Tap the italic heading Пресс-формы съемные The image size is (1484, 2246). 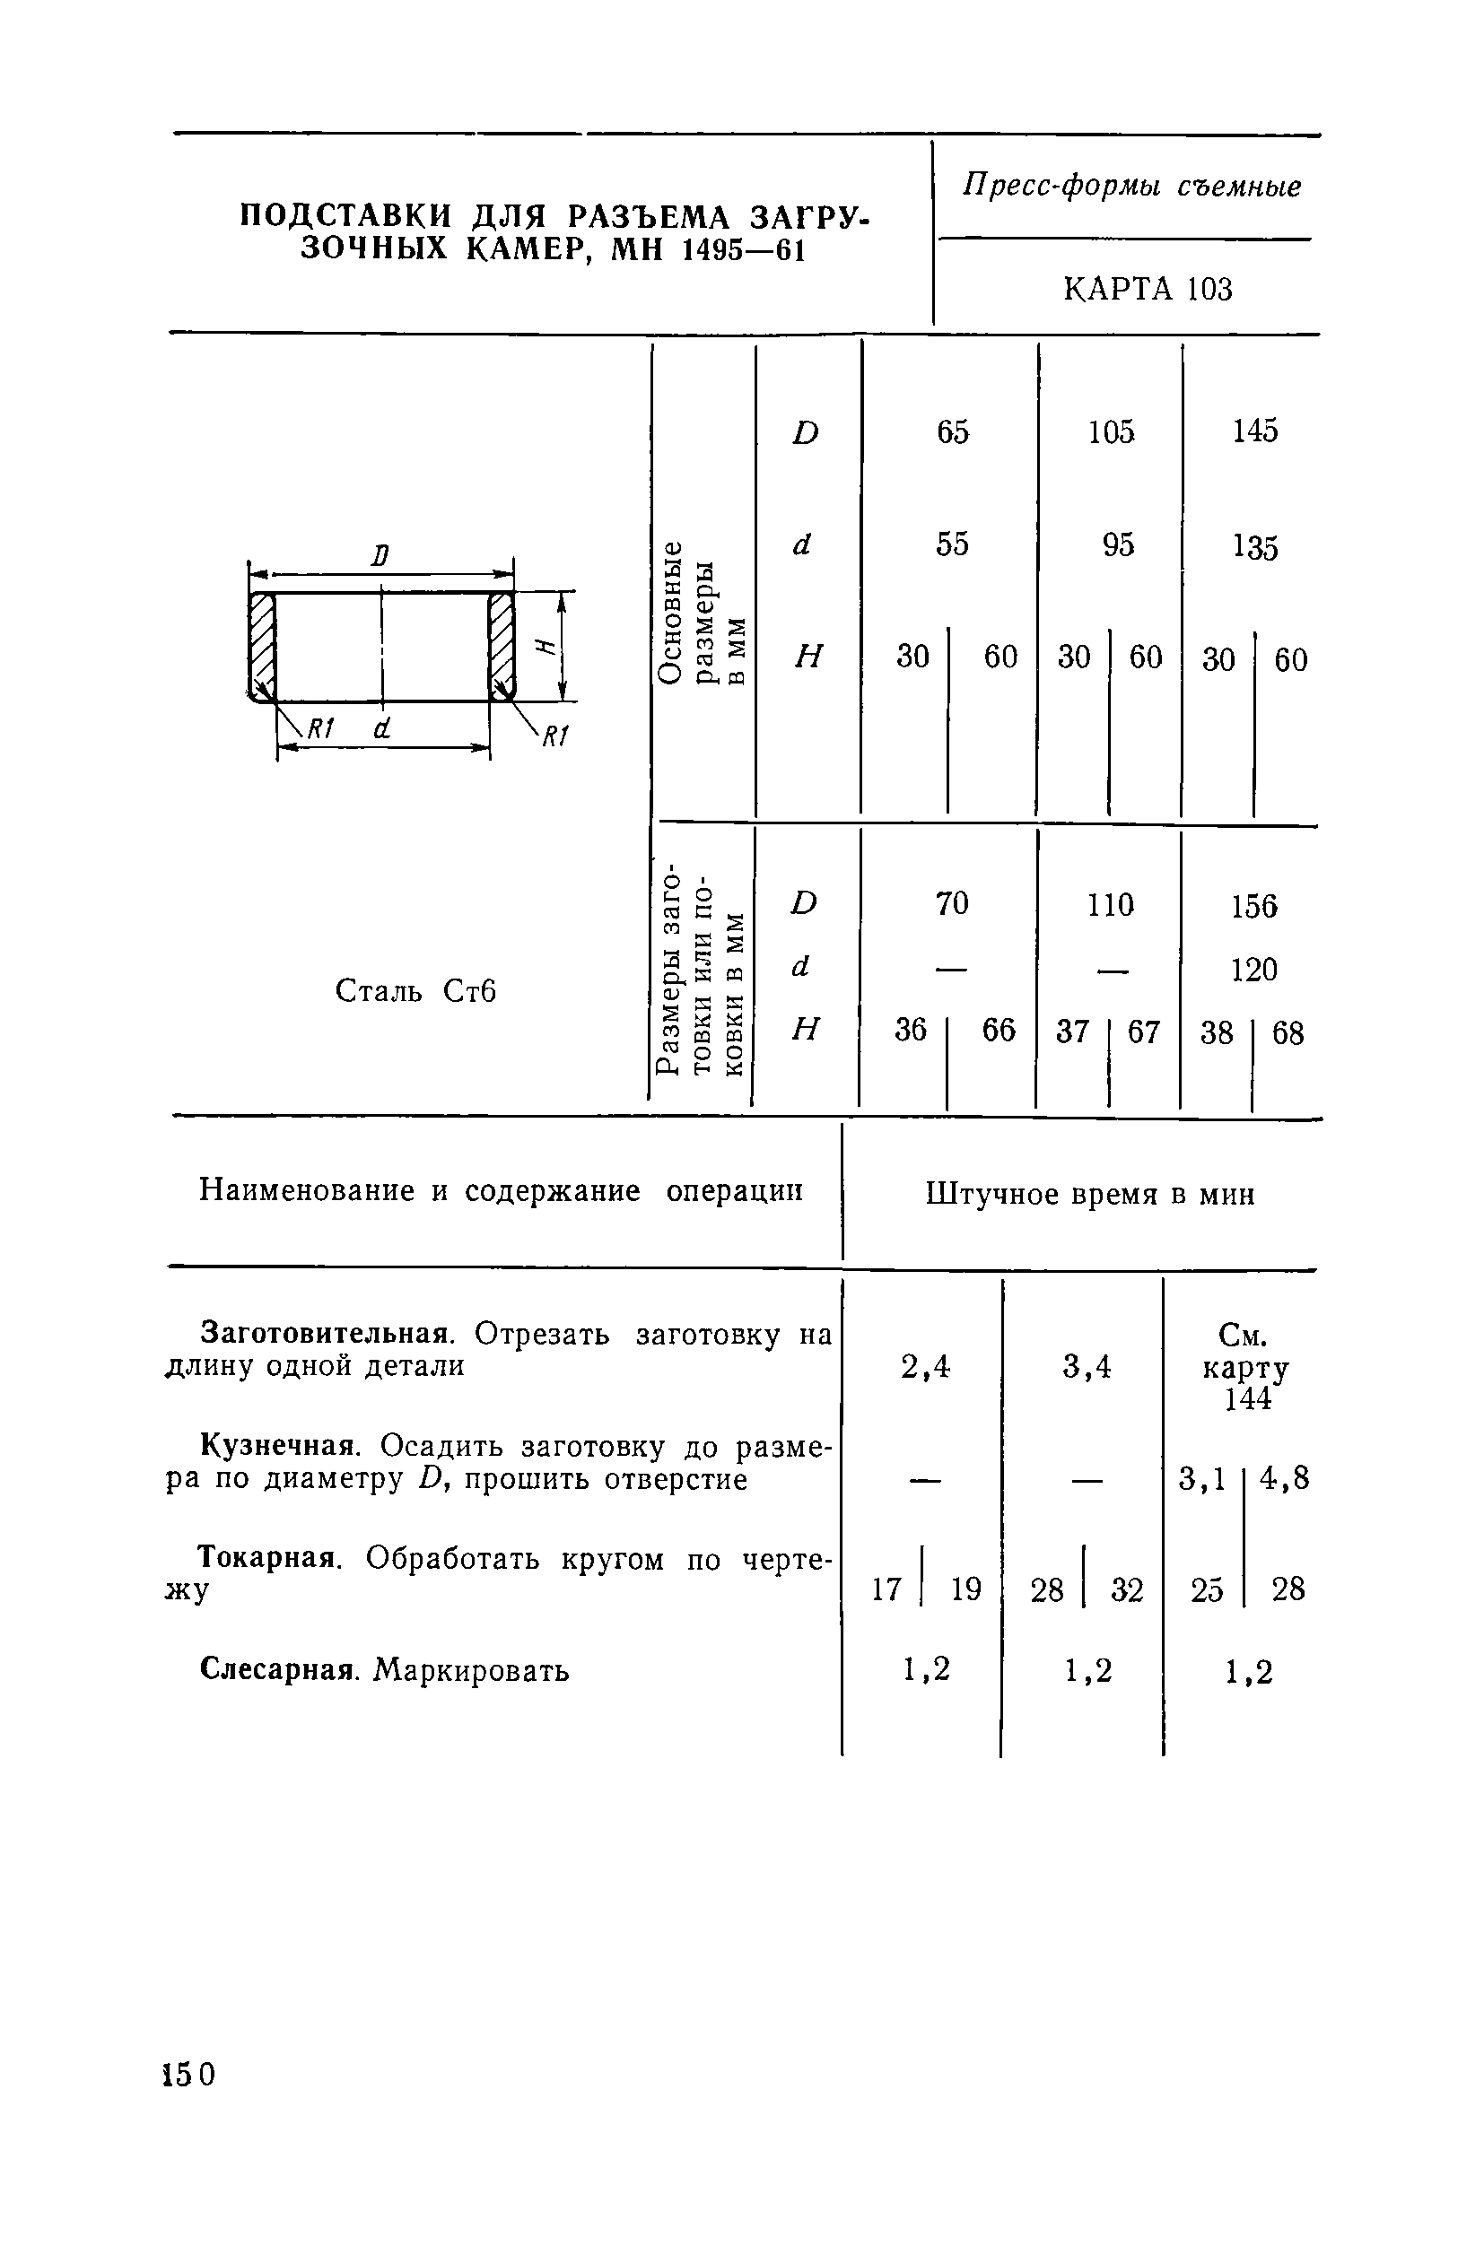point(1132,187)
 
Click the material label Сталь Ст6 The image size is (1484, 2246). point(415,990)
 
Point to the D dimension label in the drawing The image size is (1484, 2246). point(380,555)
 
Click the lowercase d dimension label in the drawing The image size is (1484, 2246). point(380,728)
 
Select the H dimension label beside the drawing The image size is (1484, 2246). point(543,646)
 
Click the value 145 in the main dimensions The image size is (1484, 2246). point(1254,431)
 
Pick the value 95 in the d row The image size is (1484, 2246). point(1118,545)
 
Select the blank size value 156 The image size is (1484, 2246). point(1253,906)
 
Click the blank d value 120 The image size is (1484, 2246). point(1253,970)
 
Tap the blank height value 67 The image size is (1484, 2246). point(1143,1032)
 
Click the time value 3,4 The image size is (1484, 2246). point(1086,1366)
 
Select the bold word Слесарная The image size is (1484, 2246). point(279,1670)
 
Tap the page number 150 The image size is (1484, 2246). point(189,2074)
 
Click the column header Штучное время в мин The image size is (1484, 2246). point(1090,1195)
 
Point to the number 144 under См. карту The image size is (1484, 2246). point(1247,1399)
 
